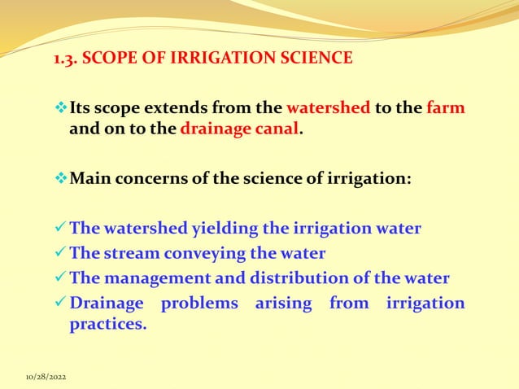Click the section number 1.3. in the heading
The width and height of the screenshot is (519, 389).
(66, 59)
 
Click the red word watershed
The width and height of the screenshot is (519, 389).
(328, 108)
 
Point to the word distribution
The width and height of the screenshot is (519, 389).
(306, 278)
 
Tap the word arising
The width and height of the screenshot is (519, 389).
(284, 304)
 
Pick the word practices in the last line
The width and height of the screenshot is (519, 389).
(108, 323)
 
